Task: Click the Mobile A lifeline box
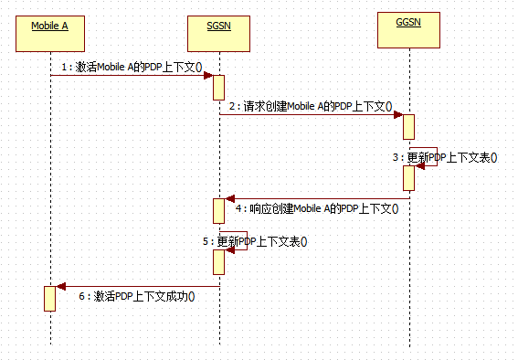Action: point(50,33)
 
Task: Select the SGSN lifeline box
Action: point(219,33)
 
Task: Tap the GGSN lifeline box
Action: point(409,33)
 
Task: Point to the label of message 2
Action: point(311,106)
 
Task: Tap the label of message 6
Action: point(138,297)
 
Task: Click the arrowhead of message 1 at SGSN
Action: point(209,76)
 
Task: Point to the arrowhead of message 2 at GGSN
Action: point(399,115)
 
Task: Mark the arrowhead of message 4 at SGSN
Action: point(229,198)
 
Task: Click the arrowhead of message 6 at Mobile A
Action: point(60,287)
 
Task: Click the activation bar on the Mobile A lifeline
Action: point(50,299)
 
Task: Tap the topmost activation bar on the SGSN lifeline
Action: point(219,87)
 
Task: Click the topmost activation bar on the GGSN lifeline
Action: point(409,126)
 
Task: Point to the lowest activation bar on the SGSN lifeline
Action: point(219,261)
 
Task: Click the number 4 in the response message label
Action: point(239,209)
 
